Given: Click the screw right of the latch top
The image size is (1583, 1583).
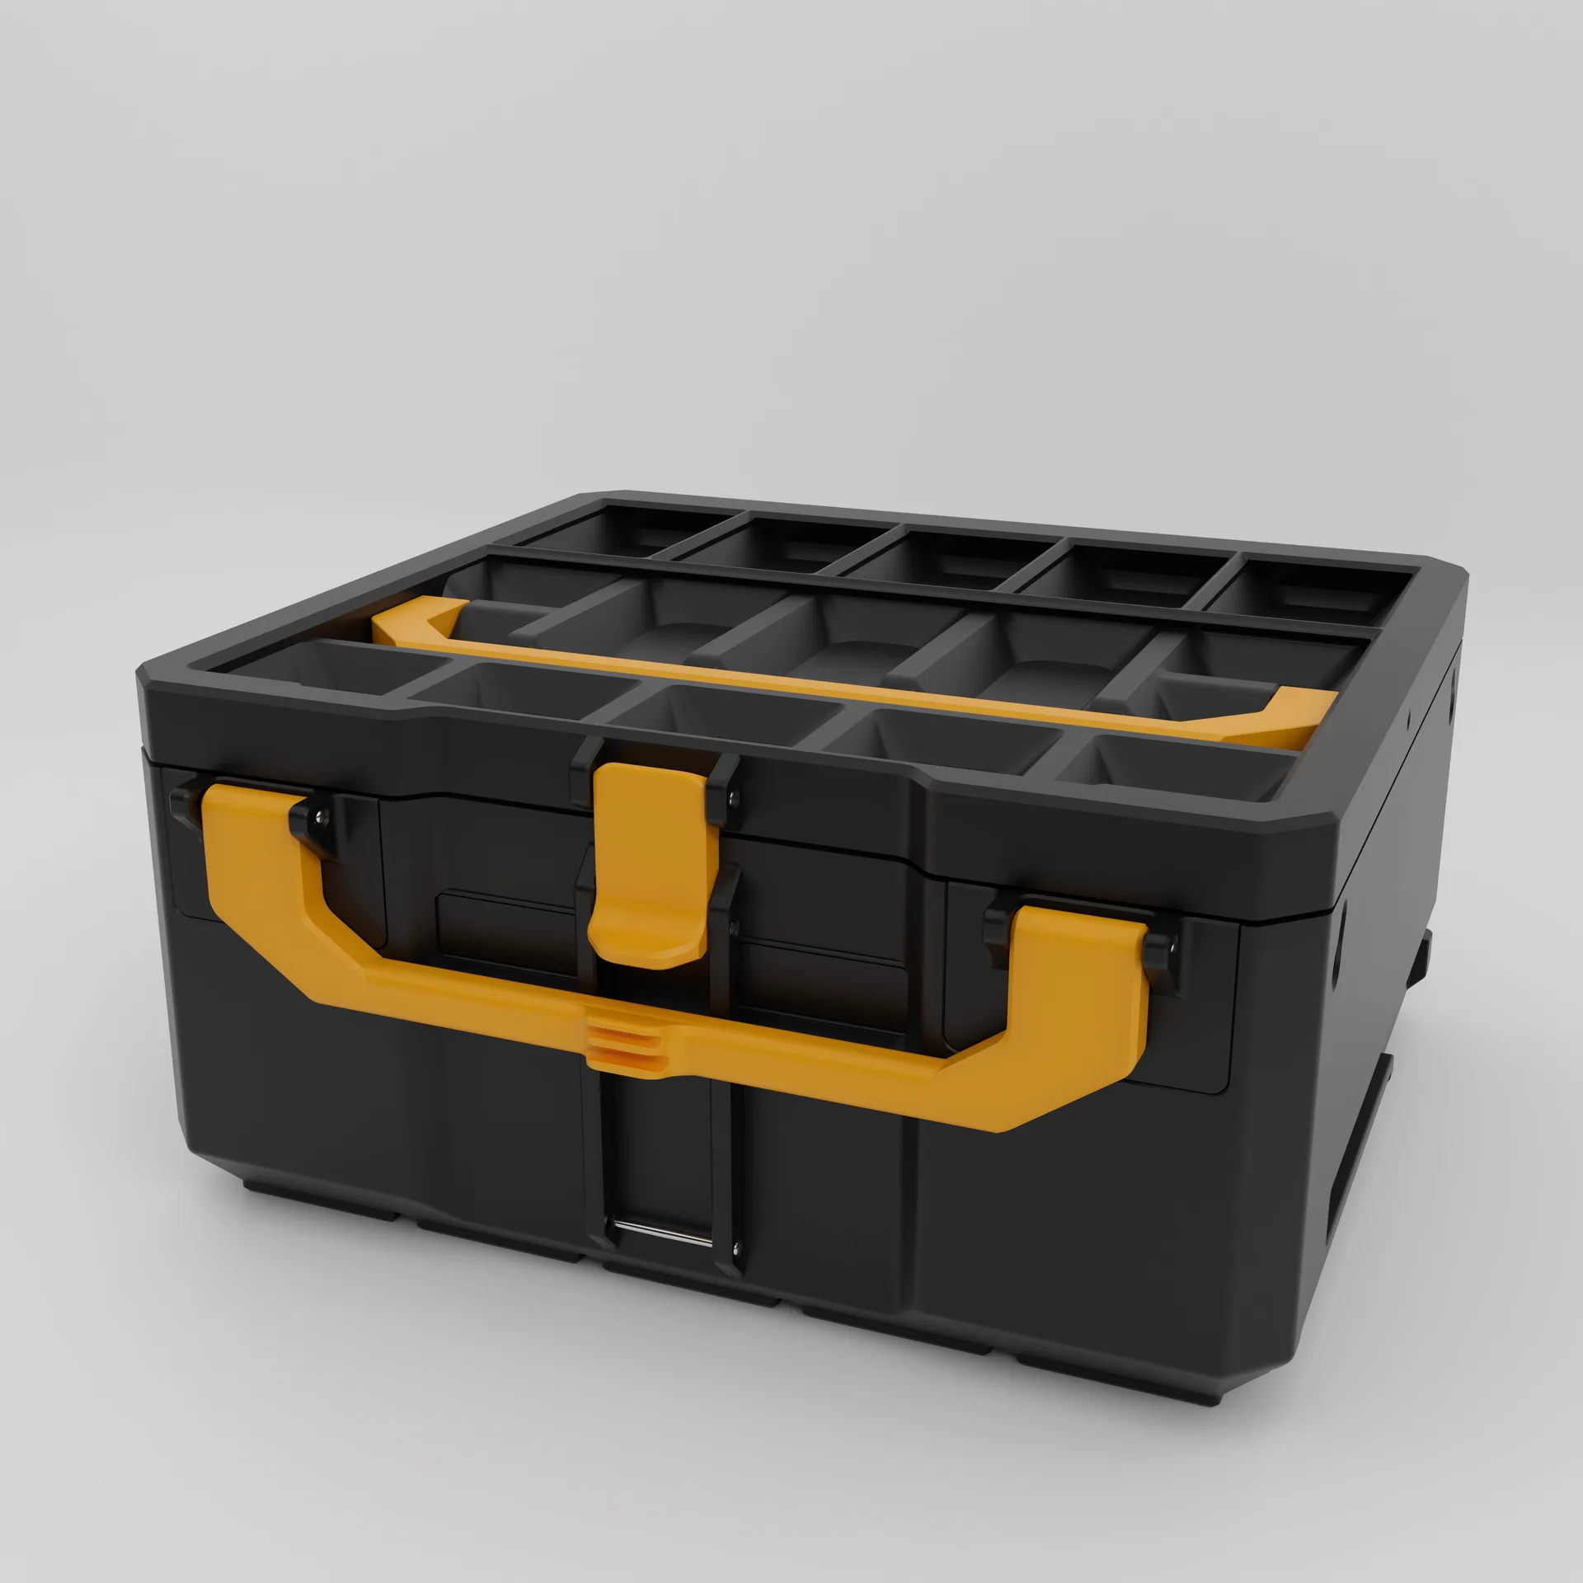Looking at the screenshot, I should pyautogui.click(x=735, y=796).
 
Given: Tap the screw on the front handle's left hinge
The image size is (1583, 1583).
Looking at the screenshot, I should pyautogui.click(x=321, y=816).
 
